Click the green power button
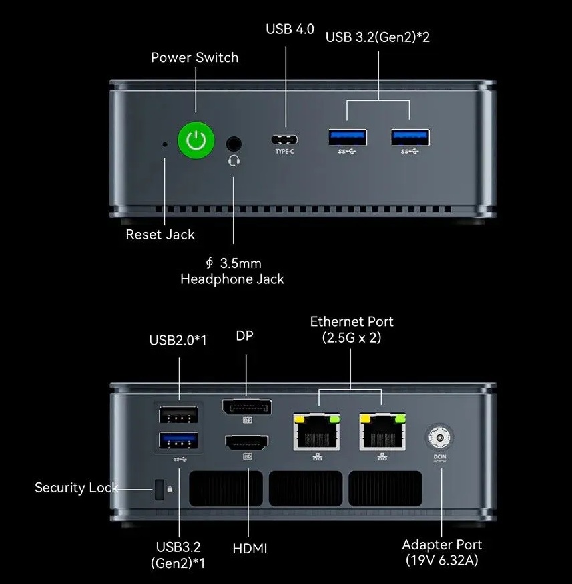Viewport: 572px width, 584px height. (x=196, y=140)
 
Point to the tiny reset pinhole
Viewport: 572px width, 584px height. (x=166, y=143)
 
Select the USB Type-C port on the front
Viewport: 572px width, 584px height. (x=285, y=139)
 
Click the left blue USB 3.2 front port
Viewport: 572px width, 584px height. (x=347, y=137)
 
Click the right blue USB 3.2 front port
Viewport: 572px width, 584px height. (x=410, y=137)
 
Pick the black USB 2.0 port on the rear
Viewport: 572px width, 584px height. (x=179, y=415)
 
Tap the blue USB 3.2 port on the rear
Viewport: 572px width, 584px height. (x=179, y=440)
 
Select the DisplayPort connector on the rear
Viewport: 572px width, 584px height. (x=246, y=406)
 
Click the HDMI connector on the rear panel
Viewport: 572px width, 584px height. (x=247, y=442)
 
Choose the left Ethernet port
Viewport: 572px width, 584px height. (x=316, y=432)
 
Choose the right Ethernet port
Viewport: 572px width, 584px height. (x=382, y=432)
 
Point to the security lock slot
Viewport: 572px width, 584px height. (x=160, y=489)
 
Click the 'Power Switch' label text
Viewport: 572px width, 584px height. (x=194, y=57)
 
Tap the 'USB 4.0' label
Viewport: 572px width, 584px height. (x=290, y=29)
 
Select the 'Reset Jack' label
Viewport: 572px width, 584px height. (x=160, y=235)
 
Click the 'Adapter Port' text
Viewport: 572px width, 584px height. (x=442, y=545)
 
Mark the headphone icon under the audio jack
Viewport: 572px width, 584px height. (x=234, y=161)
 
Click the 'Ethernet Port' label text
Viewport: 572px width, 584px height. (x=352, y=321)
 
